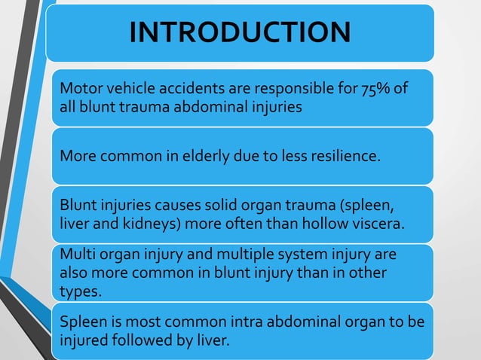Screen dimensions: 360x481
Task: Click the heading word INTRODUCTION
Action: pos(240,32)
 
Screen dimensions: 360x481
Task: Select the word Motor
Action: pos(79,90)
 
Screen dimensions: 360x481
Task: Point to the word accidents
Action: pos(186,90)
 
